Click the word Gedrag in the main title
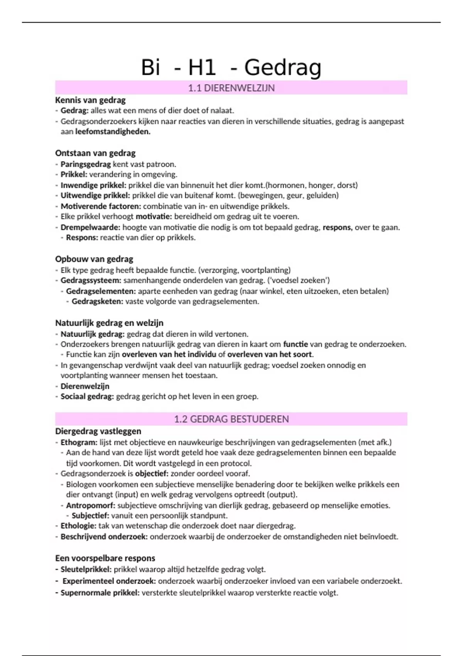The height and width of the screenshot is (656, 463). pos(282,68)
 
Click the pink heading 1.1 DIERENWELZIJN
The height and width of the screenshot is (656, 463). pos(231,88)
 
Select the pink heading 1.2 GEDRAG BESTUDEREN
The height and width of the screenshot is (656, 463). pos(231,419)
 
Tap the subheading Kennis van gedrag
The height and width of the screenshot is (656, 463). pos(90,100)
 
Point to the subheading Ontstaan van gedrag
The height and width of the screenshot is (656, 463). pos(95,153)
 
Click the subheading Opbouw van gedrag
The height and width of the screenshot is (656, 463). pos(94,259)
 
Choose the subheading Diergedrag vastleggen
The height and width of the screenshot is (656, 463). pos(98,431)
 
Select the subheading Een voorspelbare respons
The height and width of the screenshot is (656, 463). pos(105,558)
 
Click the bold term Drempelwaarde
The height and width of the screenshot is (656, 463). pos(90,227)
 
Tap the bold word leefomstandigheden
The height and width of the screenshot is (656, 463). pos(113,132)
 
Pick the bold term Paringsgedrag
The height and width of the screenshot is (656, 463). pos(86,164)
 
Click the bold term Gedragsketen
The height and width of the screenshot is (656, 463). pos(97,301)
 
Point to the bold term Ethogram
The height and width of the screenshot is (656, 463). pos(79,442)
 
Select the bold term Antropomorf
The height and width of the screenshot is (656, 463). pos(90,505)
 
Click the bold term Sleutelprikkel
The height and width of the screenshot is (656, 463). pos(86,569)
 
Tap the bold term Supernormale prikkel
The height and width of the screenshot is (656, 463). pos(100,593)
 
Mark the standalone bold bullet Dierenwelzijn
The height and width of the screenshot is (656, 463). pos(85,386)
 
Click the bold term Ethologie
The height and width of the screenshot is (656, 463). pos(78,526)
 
